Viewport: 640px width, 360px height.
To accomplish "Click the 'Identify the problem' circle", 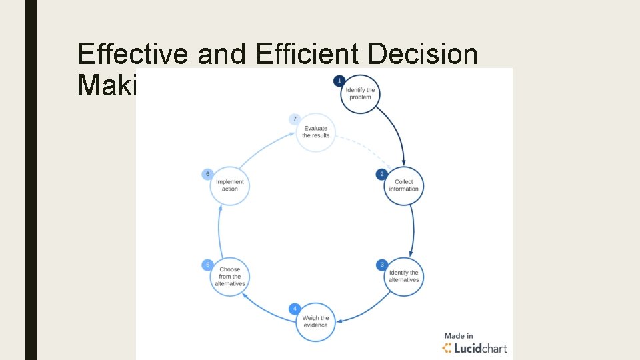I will click(x=360, y=94).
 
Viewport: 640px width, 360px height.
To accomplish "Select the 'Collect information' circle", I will click(x=404, y=185).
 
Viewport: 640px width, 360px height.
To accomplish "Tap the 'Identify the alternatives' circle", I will click(x=404, y=276).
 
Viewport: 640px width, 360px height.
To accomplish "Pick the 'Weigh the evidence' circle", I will click(x=315, y=322).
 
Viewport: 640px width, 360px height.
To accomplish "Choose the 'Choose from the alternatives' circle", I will click(x=229, y=277).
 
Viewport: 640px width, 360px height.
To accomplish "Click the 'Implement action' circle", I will click(x=229, y=185).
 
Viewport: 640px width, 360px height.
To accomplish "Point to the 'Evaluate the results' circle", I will click(x=315, y=132).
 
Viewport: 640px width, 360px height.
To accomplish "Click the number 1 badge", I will click(x=339, y=81).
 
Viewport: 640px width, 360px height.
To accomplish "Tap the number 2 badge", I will click(x=382, y=174).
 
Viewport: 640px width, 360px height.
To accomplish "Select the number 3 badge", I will click(x=382, y=265).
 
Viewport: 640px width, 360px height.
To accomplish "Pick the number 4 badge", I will click(x=295, y=309).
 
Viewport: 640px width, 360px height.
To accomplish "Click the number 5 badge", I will click(x=207, y=265).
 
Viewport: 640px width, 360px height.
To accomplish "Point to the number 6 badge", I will click(x=207, y=174).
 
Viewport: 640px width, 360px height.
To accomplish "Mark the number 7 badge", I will click(x=295, y=119).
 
